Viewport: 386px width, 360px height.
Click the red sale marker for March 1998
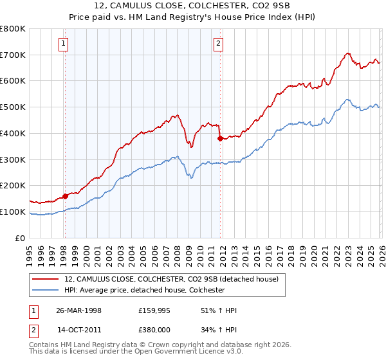click(65, 196)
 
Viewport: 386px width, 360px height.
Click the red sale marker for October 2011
click(220, 138)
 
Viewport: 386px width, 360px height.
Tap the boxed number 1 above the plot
click(64, 44)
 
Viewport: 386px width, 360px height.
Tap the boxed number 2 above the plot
click(219, 44)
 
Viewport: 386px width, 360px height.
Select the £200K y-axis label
click(13, 185)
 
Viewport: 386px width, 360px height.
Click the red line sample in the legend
click(46, 279)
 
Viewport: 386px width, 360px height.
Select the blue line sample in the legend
click(46, 291)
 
